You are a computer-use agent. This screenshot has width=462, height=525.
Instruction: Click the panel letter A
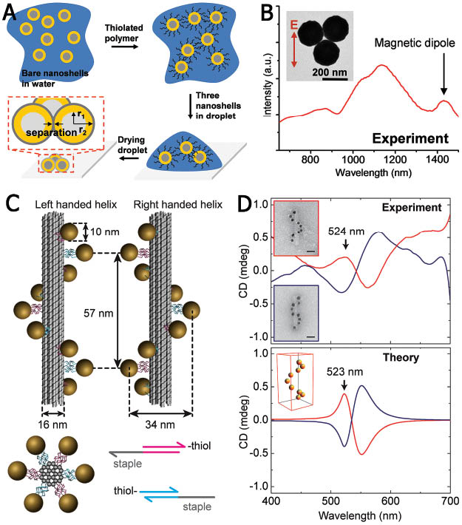14,13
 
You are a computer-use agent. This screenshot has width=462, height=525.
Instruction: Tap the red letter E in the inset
293,28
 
